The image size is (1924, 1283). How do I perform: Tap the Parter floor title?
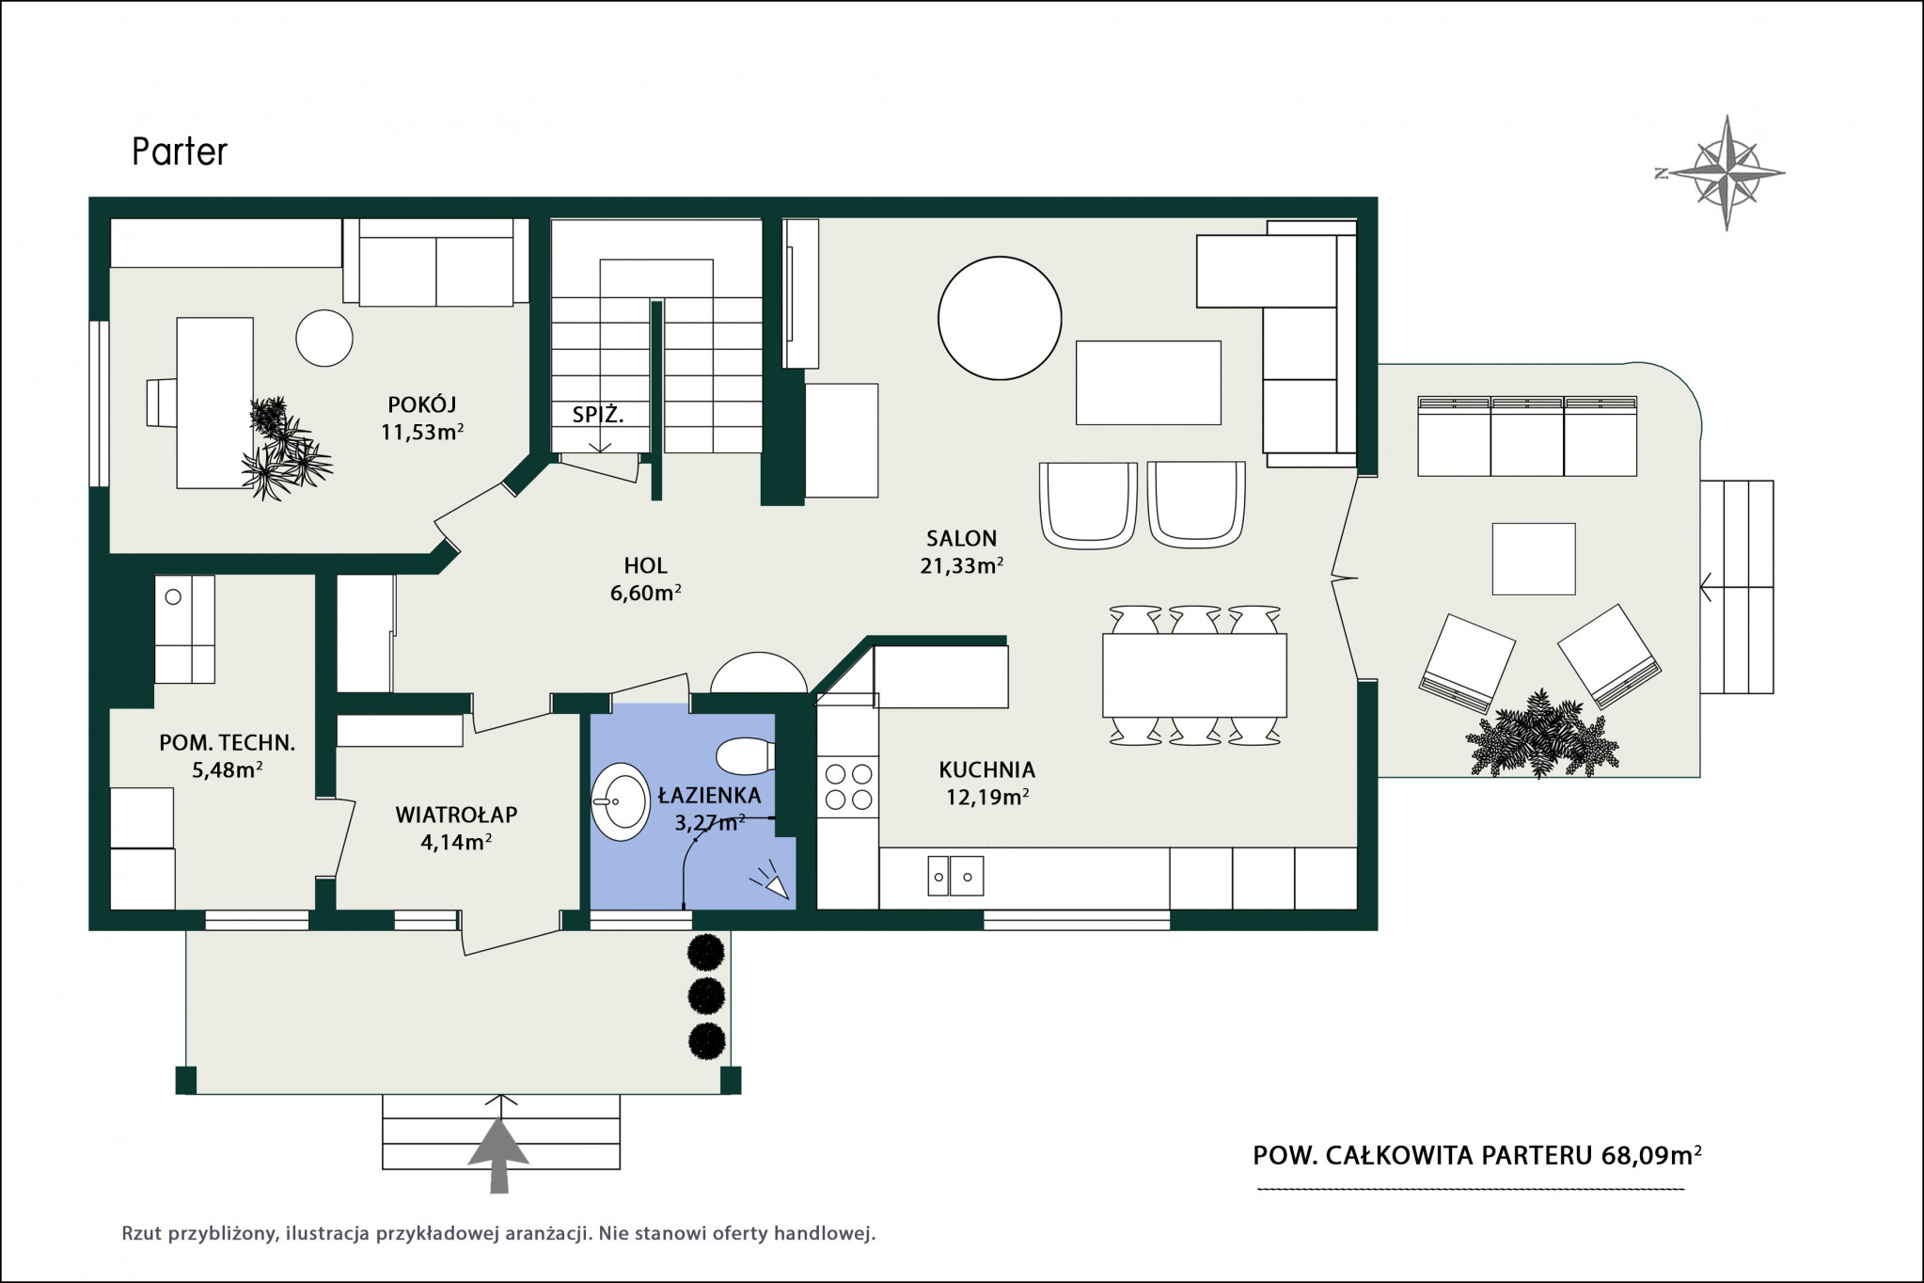tap(180, 151)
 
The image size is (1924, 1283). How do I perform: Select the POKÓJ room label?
tap(422, 404)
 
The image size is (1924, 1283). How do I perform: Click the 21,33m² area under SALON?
tap(961, 565)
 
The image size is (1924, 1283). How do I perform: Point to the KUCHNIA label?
tap(986, 769)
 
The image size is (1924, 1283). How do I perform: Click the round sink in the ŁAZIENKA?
tap(620, 801)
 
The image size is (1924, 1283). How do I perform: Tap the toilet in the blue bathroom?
tap(745, 755)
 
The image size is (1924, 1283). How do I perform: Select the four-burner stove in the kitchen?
tap(848, 787)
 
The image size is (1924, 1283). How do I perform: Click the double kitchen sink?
tap(955, 876)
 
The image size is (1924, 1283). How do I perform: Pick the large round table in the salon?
tap(1000, 318)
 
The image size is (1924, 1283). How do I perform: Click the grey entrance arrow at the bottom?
tap(499, 1155)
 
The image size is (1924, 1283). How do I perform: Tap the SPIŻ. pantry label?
tap(598, 414)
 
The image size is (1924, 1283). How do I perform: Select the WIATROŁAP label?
tap(456, 815)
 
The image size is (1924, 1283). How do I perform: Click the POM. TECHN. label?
tap(228, 743)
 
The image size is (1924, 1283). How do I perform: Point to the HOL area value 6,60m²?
tap(646, 593)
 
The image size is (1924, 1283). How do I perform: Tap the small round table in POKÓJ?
tap(324, 338)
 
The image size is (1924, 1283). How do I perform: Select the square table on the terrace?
tap(1534, 559)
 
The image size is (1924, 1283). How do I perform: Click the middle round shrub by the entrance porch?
tap(707, 995)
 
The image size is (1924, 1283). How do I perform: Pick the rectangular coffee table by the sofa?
tap(1148, 383)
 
